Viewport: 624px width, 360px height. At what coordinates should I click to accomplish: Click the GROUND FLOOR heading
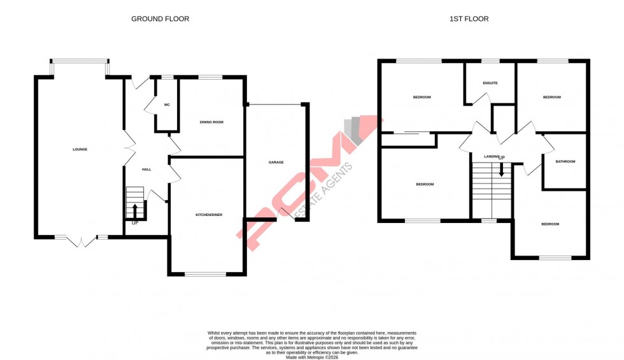tap(160, 19)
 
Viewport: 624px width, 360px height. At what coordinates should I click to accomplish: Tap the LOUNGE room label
tap(80, 150)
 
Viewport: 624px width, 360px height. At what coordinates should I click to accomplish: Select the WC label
tap(167, 104)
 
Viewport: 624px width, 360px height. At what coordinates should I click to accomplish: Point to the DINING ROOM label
tap(212, 122)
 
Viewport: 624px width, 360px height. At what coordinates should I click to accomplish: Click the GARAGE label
tap(276, 162)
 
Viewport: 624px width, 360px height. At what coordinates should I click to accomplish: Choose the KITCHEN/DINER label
tap(208, 215)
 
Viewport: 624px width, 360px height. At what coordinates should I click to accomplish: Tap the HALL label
tap(146, 169)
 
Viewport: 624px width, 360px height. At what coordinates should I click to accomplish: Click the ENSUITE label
tap(490, 83)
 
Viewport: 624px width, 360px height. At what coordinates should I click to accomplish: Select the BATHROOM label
tap(565, 162)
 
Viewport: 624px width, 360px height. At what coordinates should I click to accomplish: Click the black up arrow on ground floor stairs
tap(134, 210)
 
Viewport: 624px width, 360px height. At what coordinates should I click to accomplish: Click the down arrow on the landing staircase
tap(501, 170)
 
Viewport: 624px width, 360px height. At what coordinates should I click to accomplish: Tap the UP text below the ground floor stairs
tap(135, 223)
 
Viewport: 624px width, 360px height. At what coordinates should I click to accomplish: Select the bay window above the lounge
tap(80, 62)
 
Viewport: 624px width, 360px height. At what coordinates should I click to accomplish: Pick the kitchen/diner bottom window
tap(206, 274)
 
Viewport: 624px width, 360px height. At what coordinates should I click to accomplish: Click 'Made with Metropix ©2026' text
tap(312, 357)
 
